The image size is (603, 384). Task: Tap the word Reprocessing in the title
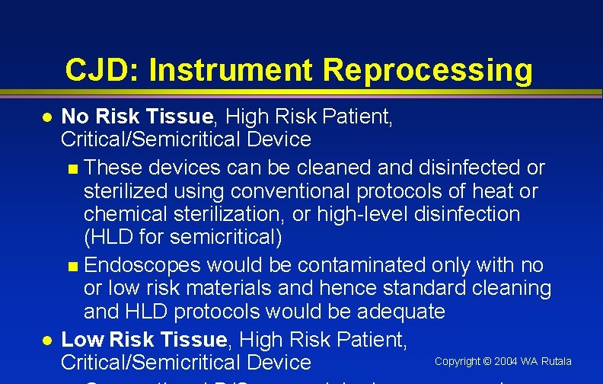(427, 70)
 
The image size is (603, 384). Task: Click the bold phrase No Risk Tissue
(137, 117)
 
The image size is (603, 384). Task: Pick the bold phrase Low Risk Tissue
(143, 339)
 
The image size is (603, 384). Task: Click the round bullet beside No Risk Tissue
(46, 118)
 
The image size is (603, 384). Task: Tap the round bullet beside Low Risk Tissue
(46, 341)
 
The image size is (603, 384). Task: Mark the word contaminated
(361, 265)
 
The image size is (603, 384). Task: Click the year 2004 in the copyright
(506, 361)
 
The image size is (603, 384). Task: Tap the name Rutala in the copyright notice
(556, 361)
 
